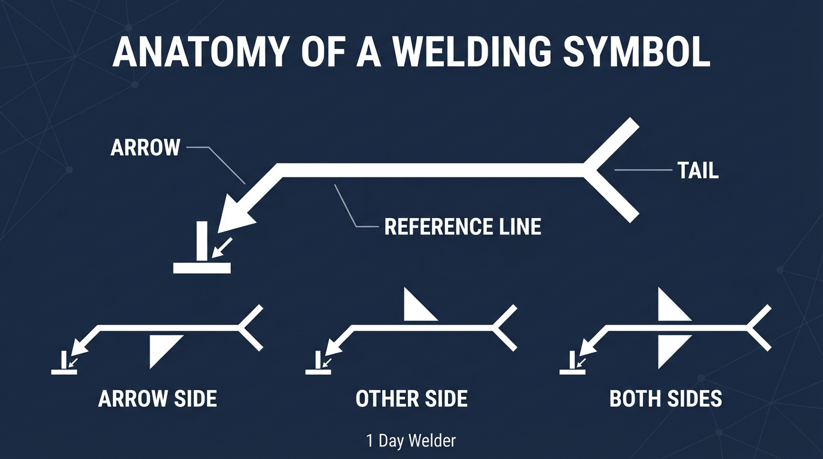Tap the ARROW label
pyautogui.click(x=145, y=148)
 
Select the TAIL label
pyautogui.click(x=698, y=171)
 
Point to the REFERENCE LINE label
pyautogui.click(x=462, y=227)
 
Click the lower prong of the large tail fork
pyautogui.click(x=616, y=200)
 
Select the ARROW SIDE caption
pyautogui.click(x=157, y=399)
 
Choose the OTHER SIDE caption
pyautogui.click(x=411, y=399)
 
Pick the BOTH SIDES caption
pyautogui.click(x=666, y=399)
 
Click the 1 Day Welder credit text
pyautogui.click(x=411, y=441)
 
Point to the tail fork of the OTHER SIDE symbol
pyautogui.click(x=504, y=328)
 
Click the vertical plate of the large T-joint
pyautogui.click(x=202, y=240)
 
